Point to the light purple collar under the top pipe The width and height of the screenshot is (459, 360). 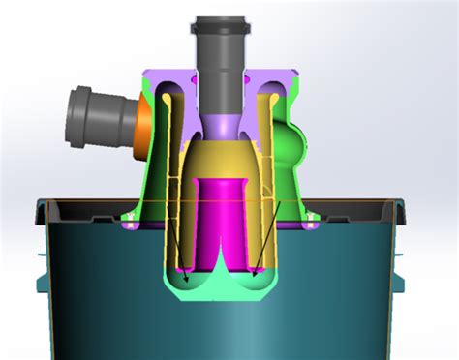click(222, 123)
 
